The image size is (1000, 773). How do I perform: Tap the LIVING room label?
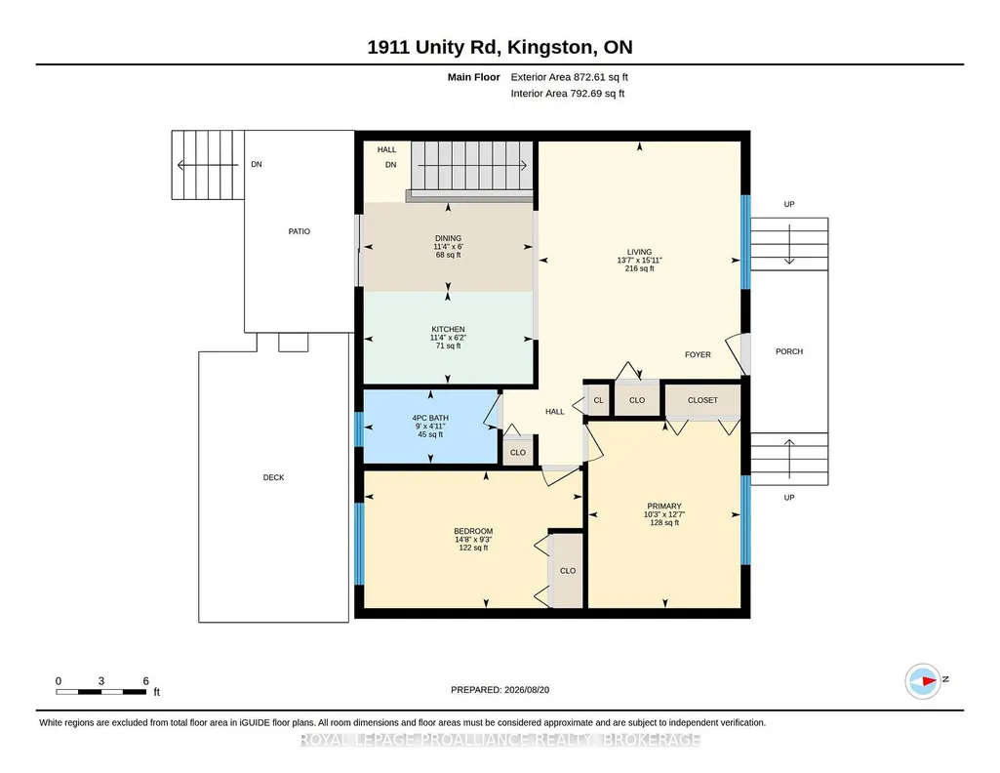click(x=639, y=252)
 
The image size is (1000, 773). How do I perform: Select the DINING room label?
click(x=449, y=238)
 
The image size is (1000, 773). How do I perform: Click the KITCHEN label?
click(x=448, y=329)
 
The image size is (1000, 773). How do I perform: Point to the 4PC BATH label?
click(x=430, y=418)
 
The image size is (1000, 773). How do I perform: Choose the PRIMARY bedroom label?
click(x=664, y=506)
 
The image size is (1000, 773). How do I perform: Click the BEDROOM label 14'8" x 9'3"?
click(x=473, y=531)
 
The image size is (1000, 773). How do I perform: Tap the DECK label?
click(x=273, y=477)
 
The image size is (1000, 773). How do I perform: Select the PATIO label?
click(x=300, y=231)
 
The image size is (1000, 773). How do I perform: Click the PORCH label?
click(x=789, y=351)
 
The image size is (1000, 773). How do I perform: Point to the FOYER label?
click(x=698, y=354)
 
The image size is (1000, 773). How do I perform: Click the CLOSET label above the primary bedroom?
click(x=702, y=400)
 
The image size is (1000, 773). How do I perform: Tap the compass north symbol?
click(x=923, y=681)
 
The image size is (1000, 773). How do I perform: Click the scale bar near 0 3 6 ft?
click(x=100, y=691)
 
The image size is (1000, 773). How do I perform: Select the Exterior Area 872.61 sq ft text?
click(x=570, y=77)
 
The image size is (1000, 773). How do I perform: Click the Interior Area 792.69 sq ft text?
click(x=568, y=93)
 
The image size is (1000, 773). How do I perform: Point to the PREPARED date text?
click(x=500, y=689)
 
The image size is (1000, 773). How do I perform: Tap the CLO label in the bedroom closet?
click(x=568, y=571)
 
